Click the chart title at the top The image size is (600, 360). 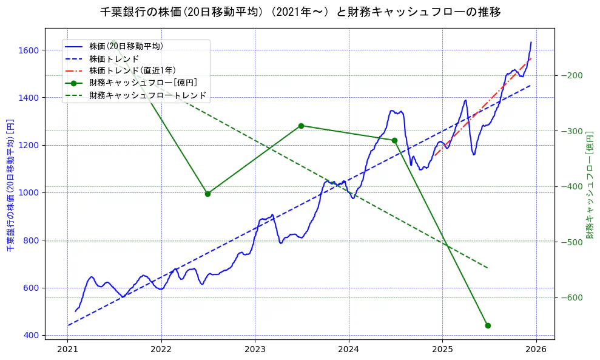(300, 12)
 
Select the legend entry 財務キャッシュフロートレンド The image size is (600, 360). (148, 95)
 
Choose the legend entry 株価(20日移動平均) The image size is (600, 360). (126, 46)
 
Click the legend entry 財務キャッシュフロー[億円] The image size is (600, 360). (143, 83)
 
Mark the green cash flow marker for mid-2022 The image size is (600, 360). (207, 194)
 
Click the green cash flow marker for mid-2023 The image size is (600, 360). (301, 126)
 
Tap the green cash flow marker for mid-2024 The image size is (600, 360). (394, 141)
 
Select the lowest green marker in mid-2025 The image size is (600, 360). (488, 326)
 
